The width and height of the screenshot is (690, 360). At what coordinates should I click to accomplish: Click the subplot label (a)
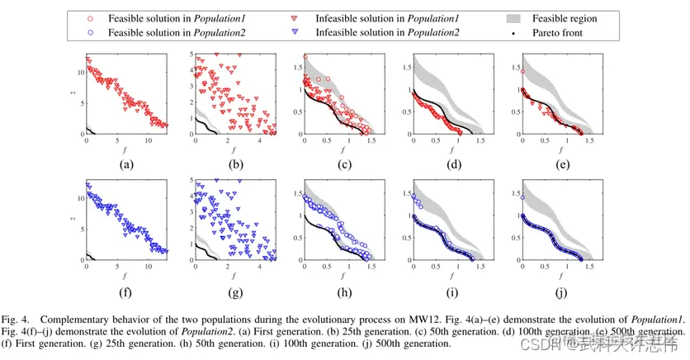pyautogui.click(x=126, y=163)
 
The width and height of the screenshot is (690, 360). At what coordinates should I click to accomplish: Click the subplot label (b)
pyautogui.click(x=235, y=163)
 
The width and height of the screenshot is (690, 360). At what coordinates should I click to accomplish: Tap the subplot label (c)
pyautogui.click(x=345, y=163)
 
